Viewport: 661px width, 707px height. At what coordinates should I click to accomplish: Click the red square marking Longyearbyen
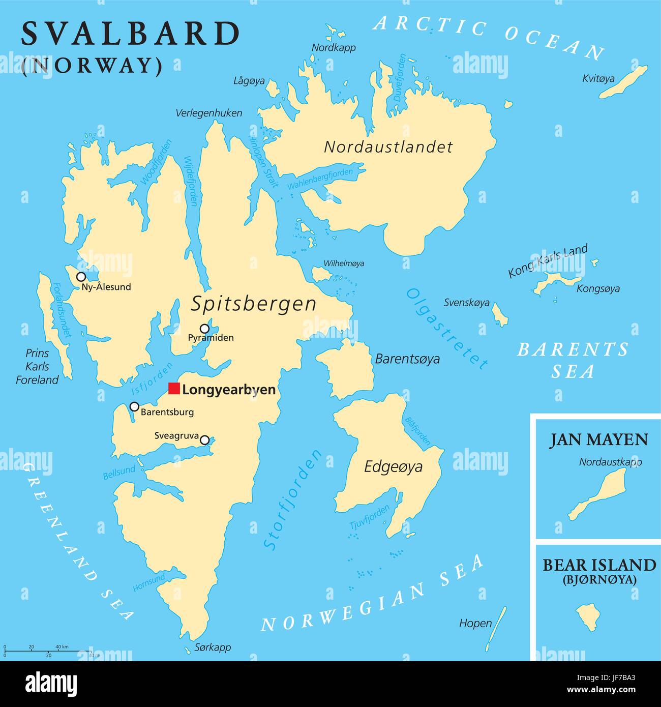point(174,389)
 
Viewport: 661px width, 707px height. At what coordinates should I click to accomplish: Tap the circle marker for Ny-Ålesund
point(81,277)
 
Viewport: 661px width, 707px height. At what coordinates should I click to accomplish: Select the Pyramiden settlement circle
point(204,329)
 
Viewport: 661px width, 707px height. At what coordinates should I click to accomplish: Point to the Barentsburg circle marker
point(134,406)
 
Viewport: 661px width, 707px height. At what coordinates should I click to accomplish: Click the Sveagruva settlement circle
point(204,440)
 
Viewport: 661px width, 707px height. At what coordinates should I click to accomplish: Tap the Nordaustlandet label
point(388,148)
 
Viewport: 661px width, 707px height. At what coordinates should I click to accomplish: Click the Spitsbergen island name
point(253,304)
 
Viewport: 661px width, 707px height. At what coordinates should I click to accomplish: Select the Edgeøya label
point(393,467)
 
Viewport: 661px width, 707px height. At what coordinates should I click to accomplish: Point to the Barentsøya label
point(407,359)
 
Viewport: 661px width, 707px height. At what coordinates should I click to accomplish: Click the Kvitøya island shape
point(623,82)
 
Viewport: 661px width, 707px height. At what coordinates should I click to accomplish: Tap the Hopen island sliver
point(496,628)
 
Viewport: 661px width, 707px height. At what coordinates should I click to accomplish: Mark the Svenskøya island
point(500,315)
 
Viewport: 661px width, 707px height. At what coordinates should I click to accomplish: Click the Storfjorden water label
point(293,500)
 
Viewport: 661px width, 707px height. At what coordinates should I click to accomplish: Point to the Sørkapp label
point(213,647)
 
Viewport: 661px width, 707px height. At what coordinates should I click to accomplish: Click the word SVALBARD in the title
point(130,35)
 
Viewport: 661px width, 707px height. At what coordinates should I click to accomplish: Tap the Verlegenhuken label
point(209,113)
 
